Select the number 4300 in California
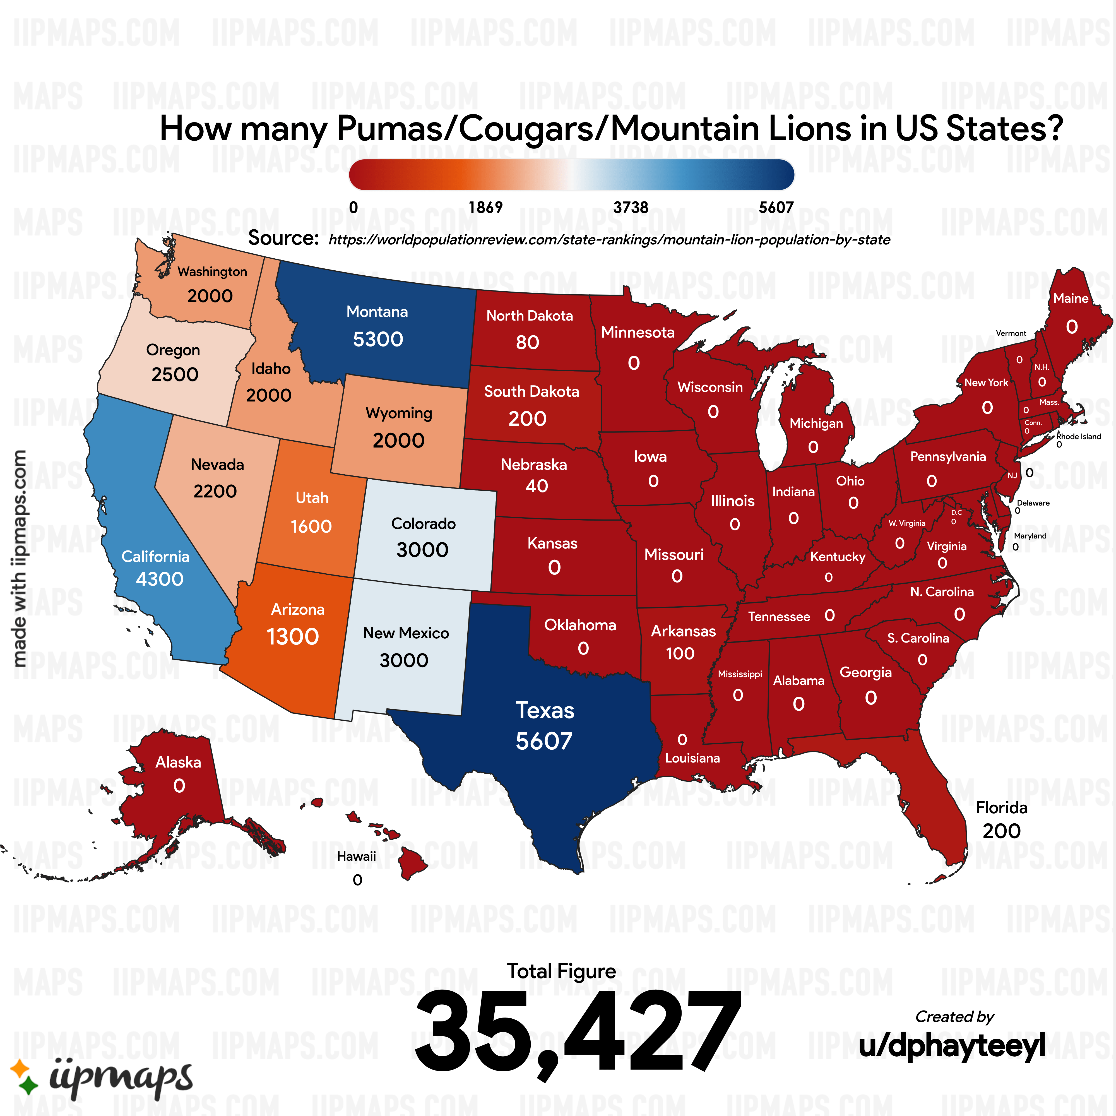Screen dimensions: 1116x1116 click(159, 579)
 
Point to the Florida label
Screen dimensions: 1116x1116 click(1002, 807)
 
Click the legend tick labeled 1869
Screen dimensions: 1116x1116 click(485, 207)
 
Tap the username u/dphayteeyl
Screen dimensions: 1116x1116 click(952, 1045)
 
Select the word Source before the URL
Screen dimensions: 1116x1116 click(283, 238)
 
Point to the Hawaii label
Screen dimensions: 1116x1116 click(356, 856)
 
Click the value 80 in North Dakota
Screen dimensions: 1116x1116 click(527, 343)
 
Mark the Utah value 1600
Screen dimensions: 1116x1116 click(311, 526)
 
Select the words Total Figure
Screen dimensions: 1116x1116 click(561, 971)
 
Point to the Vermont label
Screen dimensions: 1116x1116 click(1011, 333)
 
